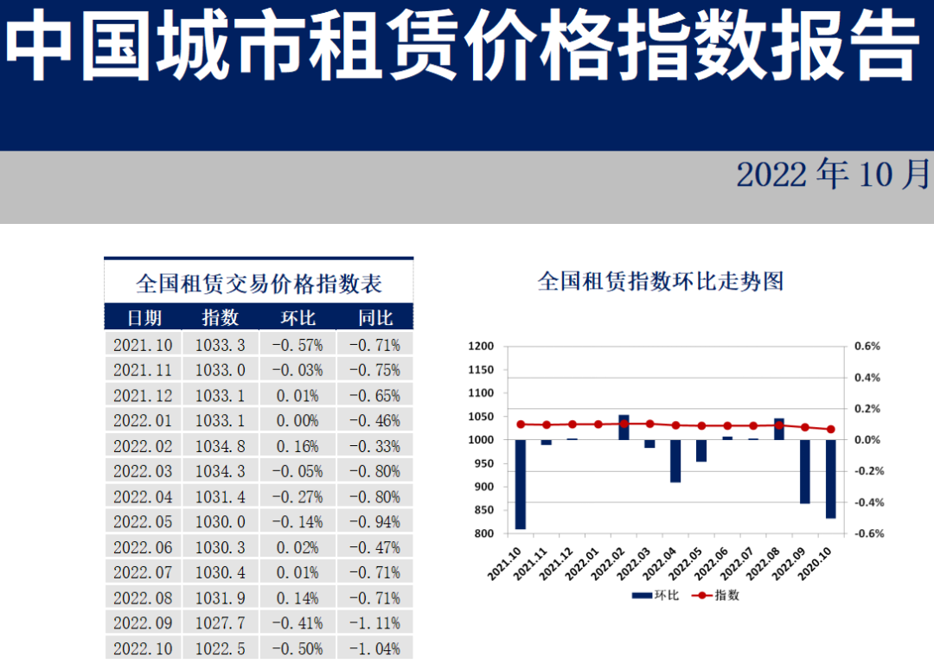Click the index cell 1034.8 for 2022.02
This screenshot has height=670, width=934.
coord(220,446)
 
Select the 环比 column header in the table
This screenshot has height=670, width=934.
coord(298,318)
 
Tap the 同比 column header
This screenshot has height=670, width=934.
coord(374,318)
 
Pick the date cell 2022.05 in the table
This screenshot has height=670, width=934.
coord(143,522)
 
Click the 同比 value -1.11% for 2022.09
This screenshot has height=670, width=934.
coord(374,623)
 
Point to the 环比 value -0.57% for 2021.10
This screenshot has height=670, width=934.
coord(298,345)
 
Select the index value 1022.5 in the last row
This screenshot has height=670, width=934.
coord(220,648)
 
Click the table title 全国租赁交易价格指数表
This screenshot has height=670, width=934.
coord(259,284)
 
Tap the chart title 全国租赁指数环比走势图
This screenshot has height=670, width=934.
coord(660,281)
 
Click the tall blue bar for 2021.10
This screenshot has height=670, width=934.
coord(521,484)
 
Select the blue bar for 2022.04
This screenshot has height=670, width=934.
coord(675,461)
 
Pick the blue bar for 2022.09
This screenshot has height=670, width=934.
coord(804,471)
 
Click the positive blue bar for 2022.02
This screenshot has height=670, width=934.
coord(624,428)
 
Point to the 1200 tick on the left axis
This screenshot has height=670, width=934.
coord(481,347)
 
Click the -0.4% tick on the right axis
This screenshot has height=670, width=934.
coord(867,502)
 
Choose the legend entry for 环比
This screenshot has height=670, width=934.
coord(654,595)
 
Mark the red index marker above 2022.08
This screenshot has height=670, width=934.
coord(778,425)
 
